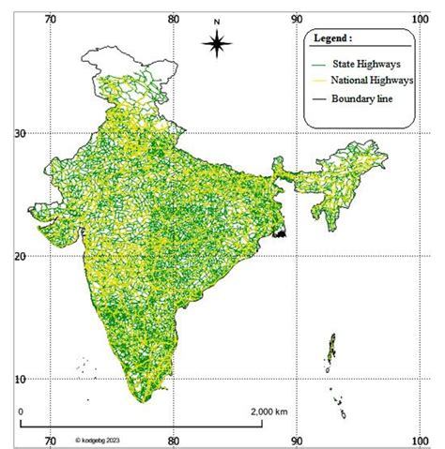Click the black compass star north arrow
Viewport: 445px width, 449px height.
216,42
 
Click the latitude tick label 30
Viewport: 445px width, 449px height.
18,133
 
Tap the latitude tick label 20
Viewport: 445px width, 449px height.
18,256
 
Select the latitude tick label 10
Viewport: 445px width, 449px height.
18,378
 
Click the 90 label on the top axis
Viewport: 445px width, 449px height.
297,16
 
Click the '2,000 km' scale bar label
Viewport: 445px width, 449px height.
269,411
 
